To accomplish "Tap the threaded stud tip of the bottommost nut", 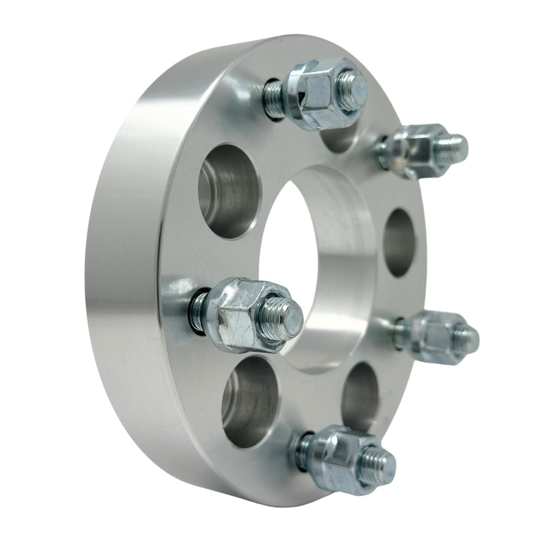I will click(378, 465).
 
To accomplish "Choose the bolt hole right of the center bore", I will click(400, 242).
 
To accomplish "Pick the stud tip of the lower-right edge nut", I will click(467, 339).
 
